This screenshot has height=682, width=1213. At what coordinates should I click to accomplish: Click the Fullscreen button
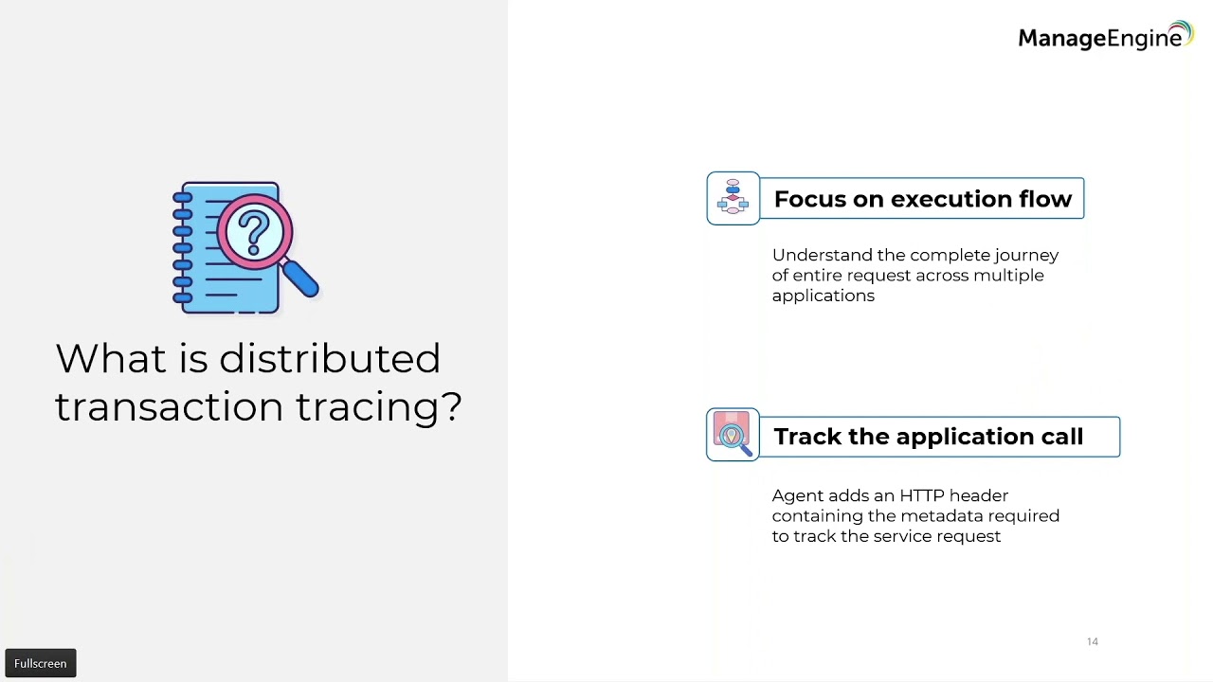[x=41, y=663]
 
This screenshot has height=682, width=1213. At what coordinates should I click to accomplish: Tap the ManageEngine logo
[x=1104, y=37]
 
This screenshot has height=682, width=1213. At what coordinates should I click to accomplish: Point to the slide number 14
[x=1092, y=642]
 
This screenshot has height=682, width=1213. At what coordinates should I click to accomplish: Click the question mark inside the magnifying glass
[x=254, y=232]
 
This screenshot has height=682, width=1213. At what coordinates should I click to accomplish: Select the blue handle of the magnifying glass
[x=301, y=278]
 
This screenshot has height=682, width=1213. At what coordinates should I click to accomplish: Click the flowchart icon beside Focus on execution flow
[x=733, y=198]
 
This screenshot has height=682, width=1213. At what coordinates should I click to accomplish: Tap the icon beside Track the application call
[x=733, y=435]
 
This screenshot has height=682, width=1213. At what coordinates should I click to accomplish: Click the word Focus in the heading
[x=808, y=199]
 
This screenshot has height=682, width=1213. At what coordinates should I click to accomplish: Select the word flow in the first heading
[x=1045, y=199]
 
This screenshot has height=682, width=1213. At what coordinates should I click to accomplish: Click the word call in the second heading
[x=1059, y=437]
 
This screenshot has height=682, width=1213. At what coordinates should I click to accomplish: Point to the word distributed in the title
[x=330, y=359]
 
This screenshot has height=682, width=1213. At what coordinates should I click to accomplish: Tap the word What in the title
[x=100, y=359]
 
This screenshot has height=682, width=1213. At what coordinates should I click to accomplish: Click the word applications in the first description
[x=823, y=296]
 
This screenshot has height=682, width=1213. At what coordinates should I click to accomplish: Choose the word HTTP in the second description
[x=921, y=495]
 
